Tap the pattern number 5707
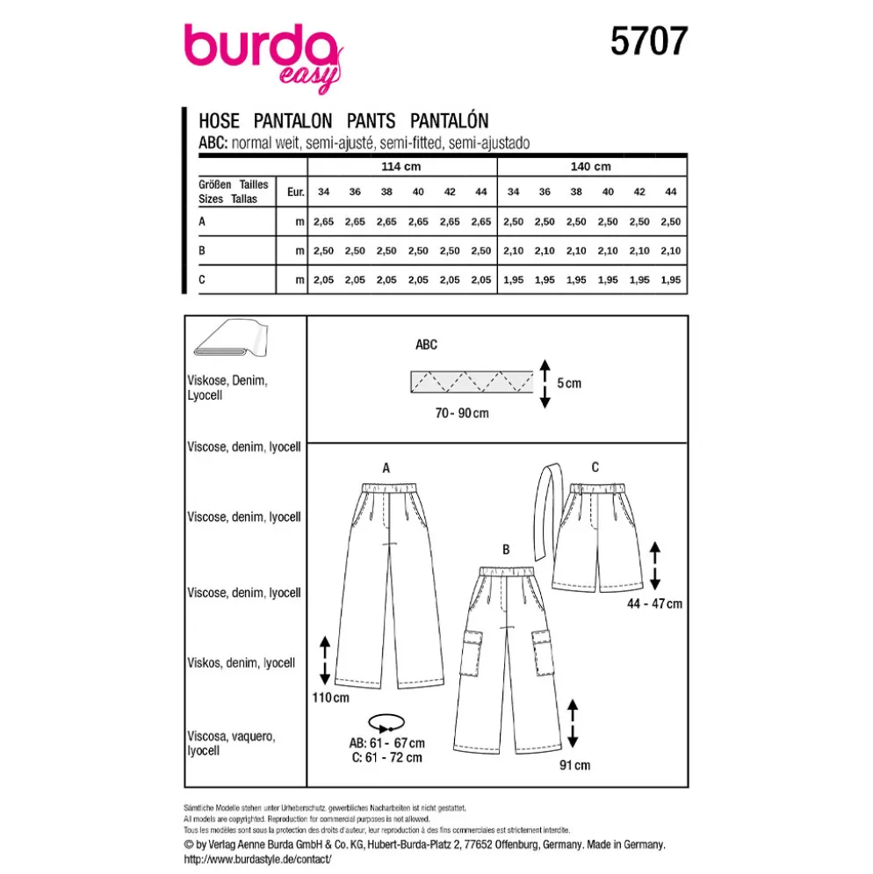click(649, 41)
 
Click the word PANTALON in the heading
click(292, 121)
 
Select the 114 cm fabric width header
click(400, 167)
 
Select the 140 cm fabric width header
click(590, 167)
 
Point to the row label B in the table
click(202, 251)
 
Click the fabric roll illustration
click(231, 338)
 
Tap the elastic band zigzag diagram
click(472, 382)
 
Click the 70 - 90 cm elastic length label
click(462, 413)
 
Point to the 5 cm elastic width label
click(569, 383)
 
